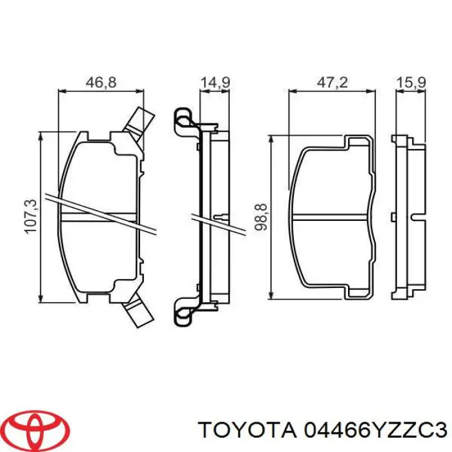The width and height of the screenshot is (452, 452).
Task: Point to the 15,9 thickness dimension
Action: [410, 82]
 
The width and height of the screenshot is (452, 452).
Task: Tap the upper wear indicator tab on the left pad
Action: [140, 121]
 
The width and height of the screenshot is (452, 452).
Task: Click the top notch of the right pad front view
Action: [356, 141]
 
